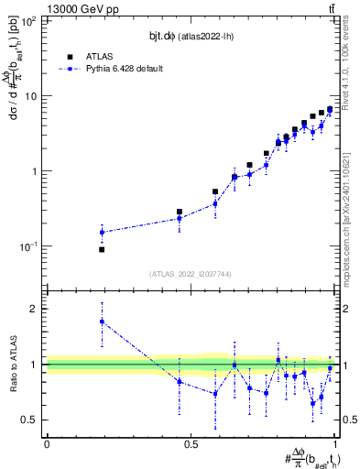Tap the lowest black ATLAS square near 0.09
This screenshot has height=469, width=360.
(x=102, y=249)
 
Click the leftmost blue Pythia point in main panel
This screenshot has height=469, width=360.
(x=102, y=232)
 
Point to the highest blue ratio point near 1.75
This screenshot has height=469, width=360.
(x=102, y=322)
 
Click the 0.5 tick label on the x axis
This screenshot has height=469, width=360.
(x=191, y=443)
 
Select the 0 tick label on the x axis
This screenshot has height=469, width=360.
(x=47, y=443)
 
